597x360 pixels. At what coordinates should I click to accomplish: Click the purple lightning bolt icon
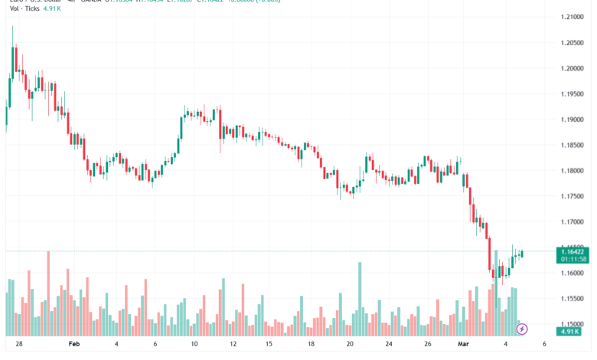tap(522, 329)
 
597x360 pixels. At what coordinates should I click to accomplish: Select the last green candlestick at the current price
tap(522, 254)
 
